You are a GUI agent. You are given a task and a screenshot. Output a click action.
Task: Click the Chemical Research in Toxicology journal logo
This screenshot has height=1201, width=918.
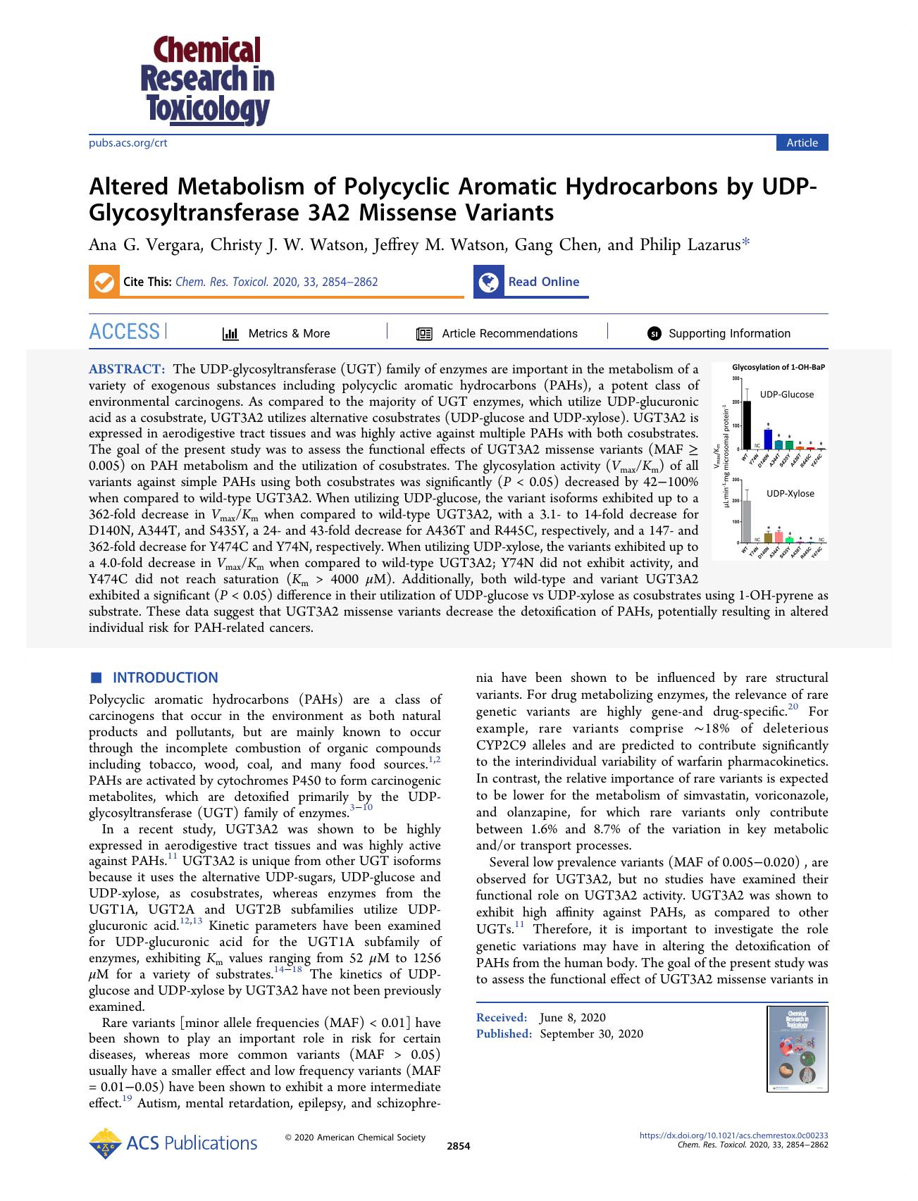coord(208,80)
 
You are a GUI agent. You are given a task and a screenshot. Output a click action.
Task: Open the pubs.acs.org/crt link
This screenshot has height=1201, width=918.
coord(128,143)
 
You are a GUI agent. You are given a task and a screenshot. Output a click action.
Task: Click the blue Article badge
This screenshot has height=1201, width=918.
coord(802,143)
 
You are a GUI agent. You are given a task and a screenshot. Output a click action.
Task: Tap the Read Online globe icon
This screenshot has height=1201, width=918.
coord(488,282)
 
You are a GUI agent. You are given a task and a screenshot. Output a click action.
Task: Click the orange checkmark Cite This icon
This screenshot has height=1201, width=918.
coord(103,282)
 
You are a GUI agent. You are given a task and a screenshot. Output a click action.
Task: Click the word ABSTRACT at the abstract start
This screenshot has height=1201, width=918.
coord(127,369)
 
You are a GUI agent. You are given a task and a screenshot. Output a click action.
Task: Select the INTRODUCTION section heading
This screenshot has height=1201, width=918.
coord(165,678)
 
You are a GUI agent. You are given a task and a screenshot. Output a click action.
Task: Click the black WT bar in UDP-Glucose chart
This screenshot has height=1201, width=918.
coord(747,425)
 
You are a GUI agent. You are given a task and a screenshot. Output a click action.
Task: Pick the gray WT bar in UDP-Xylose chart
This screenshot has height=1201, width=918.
coord(747,521)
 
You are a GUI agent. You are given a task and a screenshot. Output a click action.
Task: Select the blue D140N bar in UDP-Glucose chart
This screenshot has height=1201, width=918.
coord(768,440)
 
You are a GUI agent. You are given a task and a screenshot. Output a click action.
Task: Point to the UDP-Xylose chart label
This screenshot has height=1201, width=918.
coord(790,493)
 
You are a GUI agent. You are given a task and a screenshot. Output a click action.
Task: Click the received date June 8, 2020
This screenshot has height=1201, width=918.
coord(572,1017)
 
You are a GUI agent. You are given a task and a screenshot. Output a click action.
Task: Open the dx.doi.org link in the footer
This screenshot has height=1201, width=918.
coord(733,1135)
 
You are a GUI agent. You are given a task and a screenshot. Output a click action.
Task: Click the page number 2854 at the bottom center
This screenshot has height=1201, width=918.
coord(458,1146)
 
